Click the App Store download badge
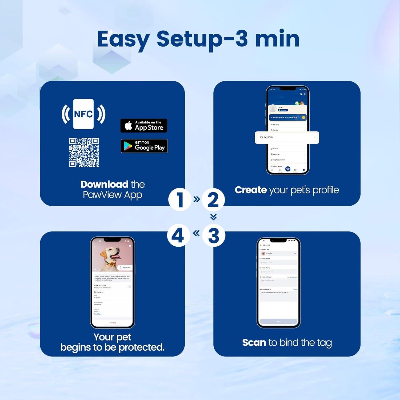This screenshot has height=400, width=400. (144, 126)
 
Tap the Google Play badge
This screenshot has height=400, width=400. (144, 146)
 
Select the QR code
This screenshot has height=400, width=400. (84, 153)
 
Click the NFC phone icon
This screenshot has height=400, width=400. (83, 114)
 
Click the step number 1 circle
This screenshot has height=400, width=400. (180, 200)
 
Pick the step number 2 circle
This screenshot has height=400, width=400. (213, 200)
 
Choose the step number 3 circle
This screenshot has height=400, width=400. (213, 235)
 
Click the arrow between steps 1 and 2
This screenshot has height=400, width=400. (197, 199)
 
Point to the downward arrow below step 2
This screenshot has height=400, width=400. (213, 217)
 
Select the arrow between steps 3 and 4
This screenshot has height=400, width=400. (196, 234)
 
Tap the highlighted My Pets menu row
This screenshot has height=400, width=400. (287, 137)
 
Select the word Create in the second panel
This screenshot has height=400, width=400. (251, 190)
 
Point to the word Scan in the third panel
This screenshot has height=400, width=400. (254, 342)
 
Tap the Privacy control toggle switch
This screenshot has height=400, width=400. (129, 286)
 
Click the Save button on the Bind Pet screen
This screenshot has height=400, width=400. (278, 321)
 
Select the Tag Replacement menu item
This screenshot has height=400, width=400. (279, 160)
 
